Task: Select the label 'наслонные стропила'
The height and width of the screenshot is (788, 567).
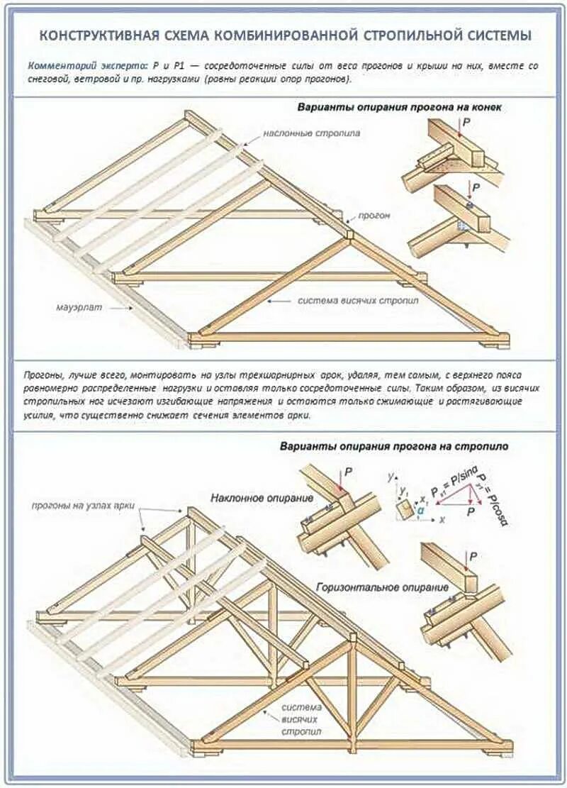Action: point(312,133)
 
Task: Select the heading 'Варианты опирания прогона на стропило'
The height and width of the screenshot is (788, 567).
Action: point(393,447)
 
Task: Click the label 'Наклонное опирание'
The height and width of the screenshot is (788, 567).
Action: point(262,498)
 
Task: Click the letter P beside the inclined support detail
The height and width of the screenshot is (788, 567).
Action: point(349,471)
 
